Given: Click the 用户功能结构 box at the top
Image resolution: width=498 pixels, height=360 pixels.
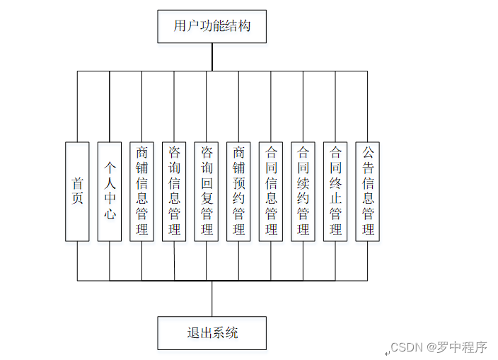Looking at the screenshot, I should point(212,27).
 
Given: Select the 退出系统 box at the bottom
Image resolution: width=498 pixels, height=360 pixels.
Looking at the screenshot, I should point(212,332).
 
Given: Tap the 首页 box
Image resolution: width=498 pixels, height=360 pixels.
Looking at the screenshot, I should point(77,191).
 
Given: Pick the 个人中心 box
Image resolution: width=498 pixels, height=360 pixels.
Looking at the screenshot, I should point(110,191).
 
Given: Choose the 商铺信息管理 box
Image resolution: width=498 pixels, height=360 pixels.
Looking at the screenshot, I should point(142,191).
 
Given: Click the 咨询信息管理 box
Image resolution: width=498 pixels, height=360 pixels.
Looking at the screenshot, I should point(174,191).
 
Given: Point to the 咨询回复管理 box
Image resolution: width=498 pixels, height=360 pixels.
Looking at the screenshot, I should point(207,191).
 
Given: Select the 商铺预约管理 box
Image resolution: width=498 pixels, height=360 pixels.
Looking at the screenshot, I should point(238,191).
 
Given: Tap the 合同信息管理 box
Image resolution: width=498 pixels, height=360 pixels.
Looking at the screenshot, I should point(271,191).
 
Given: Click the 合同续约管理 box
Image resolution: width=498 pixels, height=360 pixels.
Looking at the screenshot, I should point(303,191).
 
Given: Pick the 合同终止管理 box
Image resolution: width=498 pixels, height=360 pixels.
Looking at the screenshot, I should point(335,191).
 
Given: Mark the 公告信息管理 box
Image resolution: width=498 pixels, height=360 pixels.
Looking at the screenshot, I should point(367,191).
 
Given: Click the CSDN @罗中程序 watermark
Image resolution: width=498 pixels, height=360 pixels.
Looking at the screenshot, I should point(439,347).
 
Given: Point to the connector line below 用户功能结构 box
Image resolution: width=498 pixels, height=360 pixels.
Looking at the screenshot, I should point(212,57).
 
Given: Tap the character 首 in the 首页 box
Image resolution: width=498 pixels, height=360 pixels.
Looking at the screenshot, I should point(77,182).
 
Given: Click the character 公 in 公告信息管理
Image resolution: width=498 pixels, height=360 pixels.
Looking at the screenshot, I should point(367,151).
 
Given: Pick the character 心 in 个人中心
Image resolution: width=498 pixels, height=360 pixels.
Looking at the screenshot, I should point(110,214).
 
